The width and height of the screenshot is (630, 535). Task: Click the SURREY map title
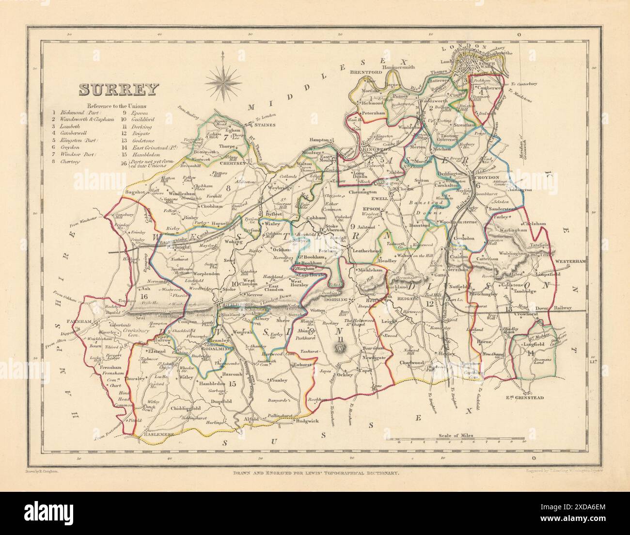[x=119, y=90]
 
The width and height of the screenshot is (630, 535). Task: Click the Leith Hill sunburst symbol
[x=341, y=347]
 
